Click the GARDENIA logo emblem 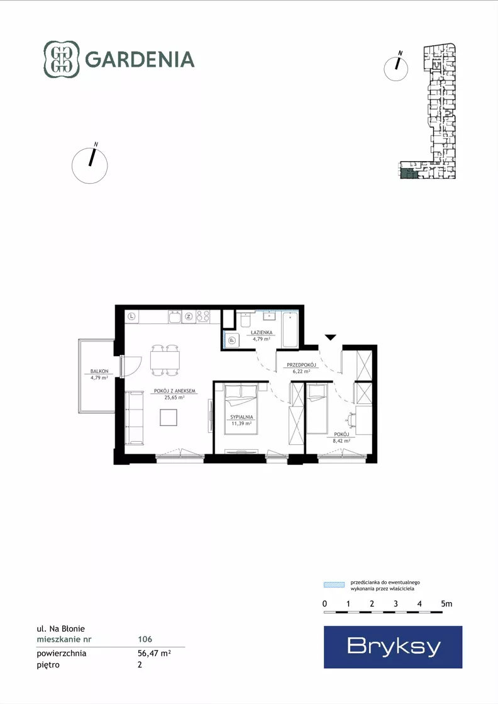point(62,59)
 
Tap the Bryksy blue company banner point(393,647)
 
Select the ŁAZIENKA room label point(262,333)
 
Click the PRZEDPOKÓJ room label point(301,365)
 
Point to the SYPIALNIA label point(242,417)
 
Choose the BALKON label point(99,371)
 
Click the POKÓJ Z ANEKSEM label point(175,391)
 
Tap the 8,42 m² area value point(341,441)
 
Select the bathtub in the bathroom point(290,330)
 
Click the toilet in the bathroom point(245,320)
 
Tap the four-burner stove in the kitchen point(203,316)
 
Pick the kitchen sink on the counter point(175,316)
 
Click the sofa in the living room point(134,418)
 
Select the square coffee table point(169,418)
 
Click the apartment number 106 point(145,639)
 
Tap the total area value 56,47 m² point(154,653)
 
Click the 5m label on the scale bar point(446,604)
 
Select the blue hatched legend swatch point(335,584)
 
